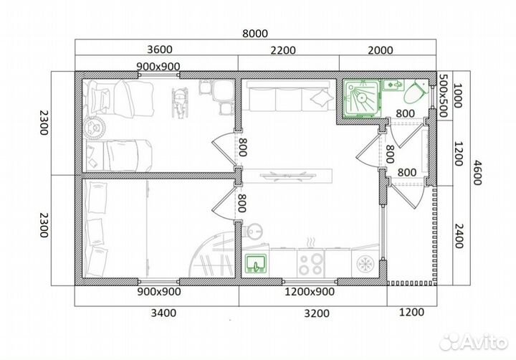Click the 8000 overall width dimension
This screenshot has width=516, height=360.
tap(255, 33)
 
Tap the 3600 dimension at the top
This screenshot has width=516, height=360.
tap(160, 49)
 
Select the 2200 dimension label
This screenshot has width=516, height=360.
tap(283, 50)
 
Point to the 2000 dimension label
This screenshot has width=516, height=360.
tap(381, 50)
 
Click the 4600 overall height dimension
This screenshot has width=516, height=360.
tap(477, 173)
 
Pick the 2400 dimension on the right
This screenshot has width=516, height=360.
tap(459, 236)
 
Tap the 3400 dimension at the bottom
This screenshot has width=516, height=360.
tap(163, 313)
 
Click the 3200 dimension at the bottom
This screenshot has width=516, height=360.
tap(317, 313)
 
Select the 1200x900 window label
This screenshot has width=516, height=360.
tap(310, 291)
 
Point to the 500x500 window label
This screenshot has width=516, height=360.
tap(444, 95)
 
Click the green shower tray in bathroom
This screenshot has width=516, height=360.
tap(362, 98)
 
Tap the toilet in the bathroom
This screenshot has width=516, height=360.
tap(415, 92)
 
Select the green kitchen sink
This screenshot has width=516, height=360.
tap(256, 264)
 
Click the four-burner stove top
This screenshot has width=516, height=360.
tap(310, 264)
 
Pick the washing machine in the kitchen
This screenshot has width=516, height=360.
tap(365, 263)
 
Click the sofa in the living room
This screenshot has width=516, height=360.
tap(288, 96)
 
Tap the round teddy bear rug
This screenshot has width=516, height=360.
tap(94, 128)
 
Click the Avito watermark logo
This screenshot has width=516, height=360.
tap(473, 341)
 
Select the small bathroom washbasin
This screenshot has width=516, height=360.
tap(393, 85)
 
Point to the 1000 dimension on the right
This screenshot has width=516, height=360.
tap(458, 95)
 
